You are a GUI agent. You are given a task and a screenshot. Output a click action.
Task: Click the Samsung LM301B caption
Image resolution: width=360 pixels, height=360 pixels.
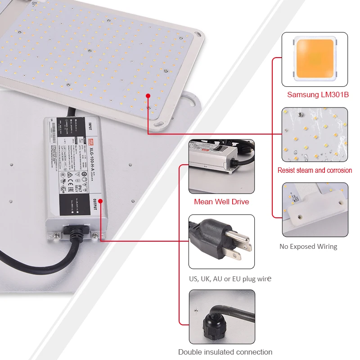click(318, 94)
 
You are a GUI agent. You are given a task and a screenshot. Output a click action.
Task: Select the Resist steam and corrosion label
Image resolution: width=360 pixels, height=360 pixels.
click(315, 170)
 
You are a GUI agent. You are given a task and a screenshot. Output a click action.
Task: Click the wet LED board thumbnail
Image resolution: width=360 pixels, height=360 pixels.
click(315, 135)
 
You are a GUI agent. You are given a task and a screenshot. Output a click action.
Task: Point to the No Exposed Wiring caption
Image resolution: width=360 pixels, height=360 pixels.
click(308, 246)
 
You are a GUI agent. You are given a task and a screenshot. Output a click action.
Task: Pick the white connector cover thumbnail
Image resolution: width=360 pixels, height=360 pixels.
click(315, 209)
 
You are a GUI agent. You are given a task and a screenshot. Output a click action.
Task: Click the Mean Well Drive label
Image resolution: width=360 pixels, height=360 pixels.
click(221, 202)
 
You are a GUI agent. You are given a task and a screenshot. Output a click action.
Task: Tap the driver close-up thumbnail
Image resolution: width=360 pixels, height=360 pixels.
click(221, 166)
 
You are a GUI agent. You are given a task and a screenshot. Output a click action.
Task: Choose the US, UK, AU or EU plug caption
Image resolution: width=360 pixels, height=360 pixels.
click(230, 279)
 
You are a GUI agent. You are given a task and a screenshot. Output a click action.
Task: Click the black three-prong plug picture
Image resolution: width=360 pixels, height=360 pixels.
click(221, 242)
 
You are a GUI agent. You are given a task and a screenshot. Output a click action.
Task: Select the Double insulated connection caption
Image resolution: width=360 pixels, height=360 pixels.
click(225, 352)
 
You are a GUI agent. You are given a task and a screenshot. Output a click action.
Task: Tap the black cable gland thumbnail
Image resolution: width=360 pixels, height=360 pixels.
click(221, 317)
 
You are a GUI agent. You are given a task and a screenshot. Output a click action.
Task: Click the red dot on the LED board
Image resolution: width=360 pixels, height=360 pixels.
click(148, 95)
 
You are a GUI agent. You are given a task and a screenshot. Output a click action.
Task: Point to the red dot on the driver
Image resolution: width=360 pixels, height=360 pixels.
click(100, 201)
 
